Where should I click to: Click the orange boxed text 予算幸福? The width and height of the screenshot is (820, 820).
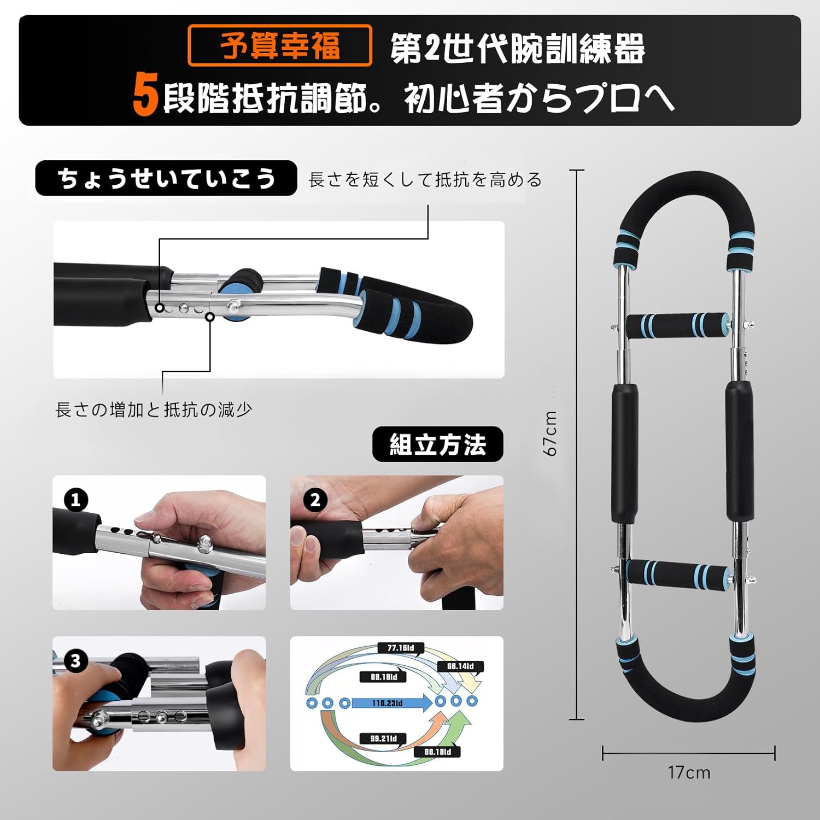point(279,46)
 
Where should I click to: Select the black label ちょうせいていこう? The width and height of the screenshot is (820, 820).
point(166,178)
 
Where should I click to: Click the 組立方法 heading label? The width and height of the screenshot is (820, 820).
point(437,444)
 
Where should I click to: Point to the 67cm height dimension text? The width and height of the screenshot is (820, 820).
point(550,434)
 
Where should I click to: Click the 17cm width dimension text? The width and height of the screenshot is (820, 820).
point(689,772)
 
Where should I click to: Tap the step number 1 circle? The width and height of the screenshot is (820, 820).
point(75,500)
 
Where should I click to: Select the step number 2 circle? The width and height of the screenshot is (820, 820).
point(315,500)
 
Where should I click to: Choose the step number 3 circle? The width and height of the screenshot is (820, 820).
point(75,661)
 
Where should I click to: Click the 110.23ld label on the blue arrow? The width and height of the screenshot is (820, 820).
point(387,703)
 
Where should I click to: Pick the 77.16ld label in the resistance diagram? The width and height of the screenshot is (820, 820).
point(401,648)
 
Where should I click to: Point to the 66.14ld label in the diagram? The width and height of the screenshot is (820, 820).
point(460,666)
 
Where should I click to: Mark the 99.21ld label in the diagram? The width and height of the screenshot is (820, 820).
point(383,739)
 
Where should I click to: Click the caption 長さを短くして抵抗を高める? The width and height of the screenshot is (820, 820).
point(425,180)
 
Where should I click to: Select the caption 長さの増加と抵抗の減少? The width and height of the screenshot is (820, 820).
point(154,409)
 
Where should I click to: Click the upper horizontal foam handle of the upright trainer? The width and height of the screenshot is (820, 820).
point(677,326)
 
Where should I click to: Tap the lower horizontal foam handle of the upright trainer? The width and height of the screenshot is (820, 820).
point(677,572)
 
